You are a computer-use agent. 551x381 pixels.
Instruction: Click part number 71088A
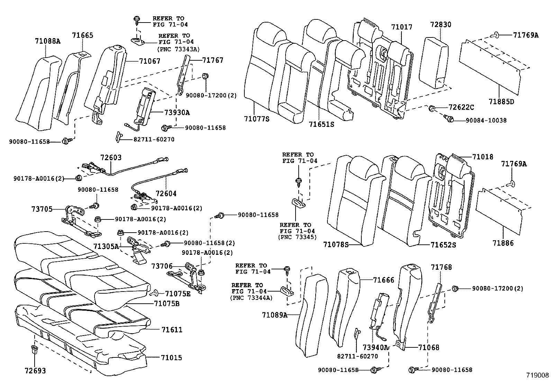[47, 41]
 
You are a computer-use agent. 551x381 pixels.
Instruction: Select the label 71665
[82, 35]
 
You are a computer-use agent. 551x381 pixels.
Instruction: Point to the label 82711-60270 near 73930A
[154, 139]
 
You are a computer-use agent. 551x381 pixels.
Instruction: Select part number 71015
[171, 357]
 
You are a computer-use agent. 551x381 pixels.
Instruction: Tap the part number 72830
[441, 25]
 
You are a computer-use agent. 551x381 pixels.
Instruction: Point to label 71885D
[502, 102]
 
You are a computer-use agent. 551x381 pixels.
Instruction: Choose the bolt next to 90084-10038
[450, 119]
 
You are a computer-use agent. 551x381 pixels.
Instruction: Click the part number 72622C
[461, 107]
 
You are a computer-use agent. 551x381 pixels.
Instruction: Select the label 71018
[483, 157]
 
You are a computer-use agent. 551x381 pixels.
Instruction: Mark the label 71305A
[106, 246]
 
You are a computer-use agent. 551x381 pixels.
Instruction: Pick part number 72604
[166, 193]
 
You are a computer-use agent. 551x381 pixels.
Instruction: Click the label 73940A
[375, 347]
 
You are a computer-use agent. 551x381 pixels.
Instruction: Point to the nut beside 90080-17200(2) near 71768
[455, 288]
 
